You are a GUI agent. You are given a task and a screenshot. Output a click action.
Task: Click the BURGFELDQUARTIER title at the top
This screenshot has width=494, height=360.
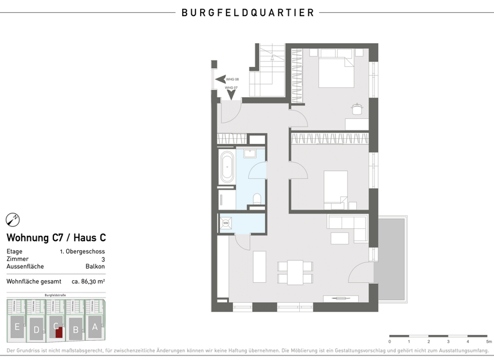click(247, 12)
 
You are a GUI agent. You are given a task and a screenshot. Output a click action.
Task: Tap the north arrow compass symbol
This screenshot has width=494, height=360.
click(13, 220)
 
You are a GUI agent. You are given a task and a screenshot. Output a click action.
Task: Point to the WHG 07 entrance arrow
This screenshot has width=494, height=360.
click(231, 93)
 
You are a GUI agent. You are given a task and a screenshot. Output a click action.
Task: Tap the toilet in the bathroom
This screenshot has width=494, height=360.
click(257, 199)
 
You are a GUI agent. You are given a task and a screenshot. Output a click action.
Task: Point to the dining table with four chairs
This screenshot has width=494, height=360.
click(295, 272)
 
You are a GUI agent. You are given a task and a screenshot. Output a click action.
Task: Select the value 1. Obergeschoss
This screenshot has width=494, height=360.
click(82, 251)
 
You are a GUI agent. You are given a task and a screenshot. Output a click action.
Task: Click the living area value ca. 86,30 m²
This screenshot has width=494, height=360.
click(88, 281)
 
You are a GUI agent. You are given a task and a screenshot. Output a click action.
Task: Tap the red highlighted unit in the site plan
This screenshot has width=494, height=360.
click(59, 332)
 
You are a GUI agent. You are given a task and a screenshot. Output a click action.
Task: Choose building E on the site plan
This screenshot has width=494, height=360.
click(17, 327)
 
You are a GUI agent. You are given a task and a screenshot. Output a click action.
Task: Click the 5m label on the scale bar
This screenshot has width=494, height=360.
click(488, 341)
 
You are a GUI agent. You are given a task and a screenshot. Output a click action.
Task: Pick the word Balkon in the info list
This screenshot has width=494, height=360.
click(95, 266)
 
